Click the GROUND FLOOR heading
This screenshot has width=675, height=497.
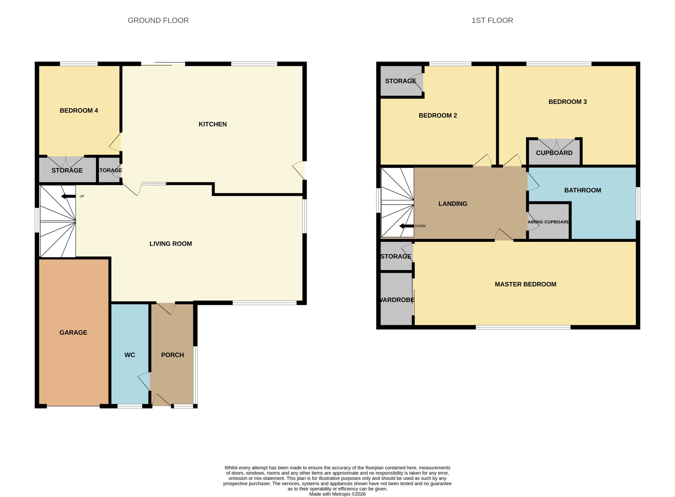[158, 20]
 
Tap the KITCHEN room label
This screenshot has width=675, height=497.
[213, 124]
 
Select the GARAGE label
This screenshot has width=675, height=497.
[73, 333]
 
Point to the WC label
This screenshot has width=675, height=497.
[130, 355]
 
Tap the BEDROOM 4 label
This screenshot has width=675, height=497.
[79, 110]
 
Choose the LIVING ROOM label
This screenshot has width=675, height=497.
[171, 244]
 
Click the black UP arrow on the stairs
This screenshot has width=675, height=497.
[68, 196]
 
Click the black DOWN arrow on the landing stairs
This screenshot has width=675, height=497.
[406, 226]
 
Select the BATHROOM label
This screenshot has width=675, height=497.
[582, 190]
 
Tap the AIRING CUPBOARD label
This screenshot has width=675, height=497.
[548, 222]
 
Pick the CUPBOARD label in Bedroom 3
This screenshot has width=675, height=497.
[554, 153]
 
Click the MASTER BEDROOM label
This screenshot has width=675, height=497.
[525, 284]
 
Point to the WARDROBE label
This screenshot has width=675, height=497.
[397, 300]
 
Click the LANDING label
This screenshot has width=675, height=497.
[453, 204]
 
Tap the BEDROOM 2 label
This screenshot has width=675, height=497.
[438, 116]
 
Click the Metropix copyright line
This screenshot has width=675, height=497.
[337, 494]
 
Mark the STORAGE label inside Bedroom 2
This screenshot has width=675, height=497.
[401, 81]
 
